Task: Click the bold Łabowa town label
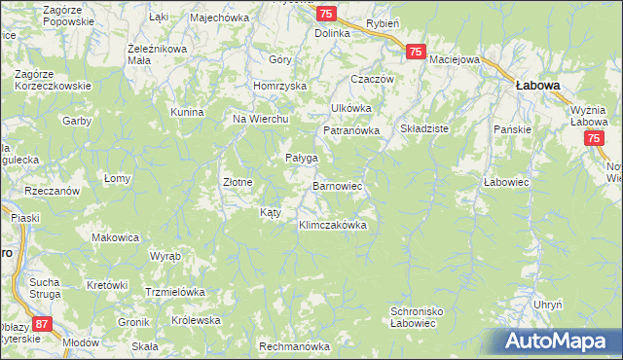537,86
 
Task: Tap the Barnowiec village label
338,184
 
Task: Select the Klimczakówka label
332,225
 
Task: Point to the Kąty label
272,211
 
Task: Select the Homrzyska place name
279,86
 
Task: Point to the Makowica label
116,236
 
